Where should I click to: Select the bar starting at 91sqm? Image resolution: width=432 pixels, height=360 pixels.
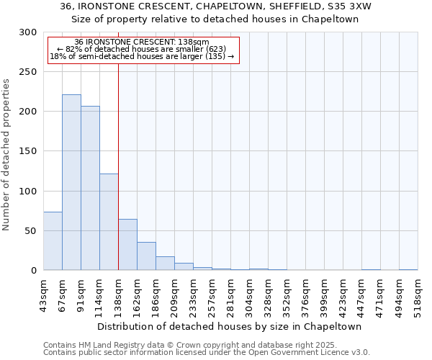click(x=90, y=188)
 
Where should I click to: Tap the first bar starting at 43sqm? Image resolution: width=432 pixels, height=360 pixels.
click(x=53, y=241)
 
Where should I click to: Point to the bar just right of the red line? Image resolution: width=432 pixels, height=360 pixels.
click(x=127, y=245)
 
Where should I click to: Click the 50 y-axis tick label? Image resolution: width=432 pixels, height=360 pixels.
click(x=31, y=231)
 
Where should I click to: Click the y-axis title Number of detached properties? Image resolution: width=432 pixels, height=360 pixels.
click(x=6, y=155)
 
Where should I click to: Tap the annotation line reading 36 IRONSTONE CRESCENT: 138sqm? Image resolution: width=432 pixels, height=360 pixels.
click(x=142, y=42)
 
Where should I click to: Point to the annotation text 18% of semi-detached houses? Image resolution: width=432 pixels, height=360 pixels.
click(x=142, y=56)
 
